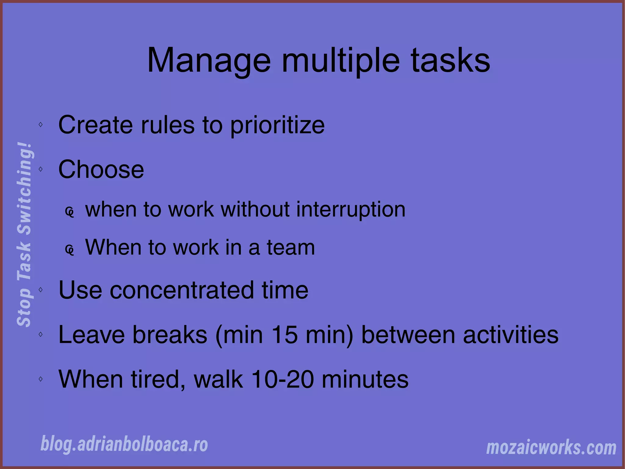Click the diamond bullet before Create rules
pos(41,124)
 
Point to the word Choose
pos(101,170)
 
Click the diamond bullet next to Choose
pos(41,169)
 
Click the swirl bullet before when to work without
pos(70,212)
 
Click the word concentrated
pos(182,290)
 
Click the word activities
pos(511,335)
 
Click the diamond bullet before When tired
pos(41,379)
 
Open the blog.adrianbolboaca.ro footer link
pos(124,444)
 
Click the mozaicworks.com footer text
pos(551,448)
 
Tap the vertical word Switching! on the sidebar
pos(24,188)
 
